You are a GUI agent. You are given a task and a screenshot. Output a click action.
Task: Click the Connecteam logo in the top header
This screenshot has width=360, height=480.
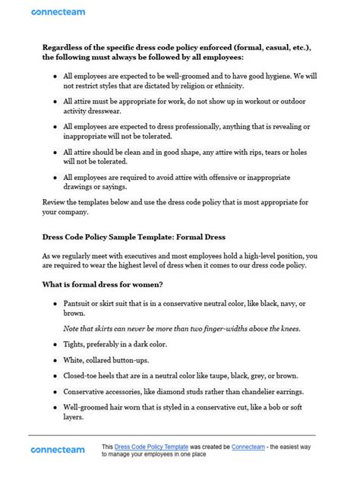58,12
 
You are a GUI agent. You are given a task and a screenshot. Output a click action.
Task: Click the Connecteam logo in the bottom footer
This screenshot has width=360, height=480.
58,450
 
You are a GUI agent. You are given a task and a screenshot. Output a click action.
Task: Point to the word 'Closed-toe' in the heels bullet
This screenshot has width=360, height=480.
84,377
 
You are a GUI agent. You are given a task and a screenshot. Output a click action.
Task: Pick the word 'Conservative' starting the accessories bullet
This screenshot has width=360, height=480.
88,393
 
